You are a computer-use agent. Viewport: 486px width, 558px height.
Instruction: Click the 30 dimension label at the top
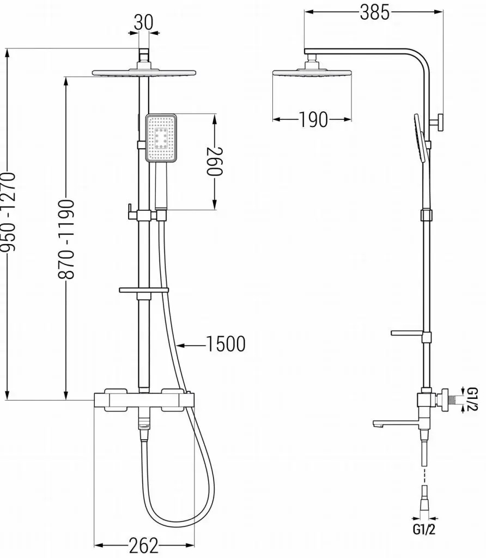click(143, 22)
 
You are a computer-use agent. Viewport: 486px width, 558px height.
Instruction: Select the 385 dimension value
click(375, 13)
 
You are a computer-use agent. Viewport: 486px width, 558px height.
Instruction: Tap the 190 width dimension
click(313, 119)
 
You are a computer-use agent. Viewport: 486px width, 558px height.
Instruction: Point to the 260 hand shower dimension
click(214, 161)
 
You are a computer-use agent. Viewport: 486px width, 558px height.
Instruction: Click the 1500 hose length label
click(226, 344)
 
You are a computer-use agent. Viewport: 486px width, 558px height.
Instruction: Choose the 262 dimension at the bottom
click(143, 545)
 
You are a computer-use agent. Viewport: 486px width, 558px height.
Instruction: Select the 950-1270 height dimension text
click(8, 212)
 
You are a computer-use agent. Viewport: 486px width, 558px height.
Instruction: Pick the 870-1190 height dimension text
click(66, 239)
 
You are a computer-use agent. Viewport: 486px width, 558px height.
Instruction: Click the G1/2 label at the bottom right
click(424, 530)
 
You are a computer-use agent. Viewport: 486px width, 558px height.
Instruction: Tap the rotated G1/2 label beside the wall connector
click(472, 399)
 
